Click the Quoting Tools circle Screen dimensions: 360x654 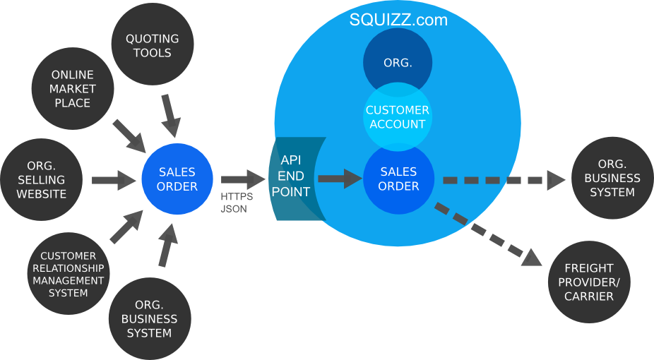pos(153,46)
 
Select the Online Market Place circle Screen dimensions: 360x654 pos(72,89)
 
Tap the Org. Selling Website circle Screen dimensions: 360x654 pos(42,179)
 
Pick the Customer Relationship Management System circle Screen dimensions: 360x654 pos(69,274)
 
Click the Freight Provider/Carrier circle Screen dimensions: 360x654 pos(589,282)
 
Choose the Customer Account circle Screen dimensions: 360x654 pos(398,117)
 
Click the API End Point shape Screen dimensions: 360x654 pos(292,176)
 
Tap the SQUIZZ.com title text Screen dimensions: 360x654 pos(398,20)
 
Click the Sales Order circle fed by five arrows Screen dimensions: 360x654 pos(177,179)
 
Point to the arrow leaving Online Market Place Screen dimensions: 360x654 pos(129,134)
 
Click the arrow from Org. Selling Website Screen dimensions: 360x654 pos(113,179)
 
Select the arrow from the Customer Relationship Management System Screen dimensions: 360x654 pos(126,228)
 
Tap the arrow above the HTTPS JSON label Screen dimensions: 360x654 pos(242,179)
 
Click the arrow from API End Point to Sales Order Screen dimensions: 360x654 pos(339,179)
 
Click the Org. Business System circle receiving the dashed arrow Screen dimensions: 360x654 pos(612,179)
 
